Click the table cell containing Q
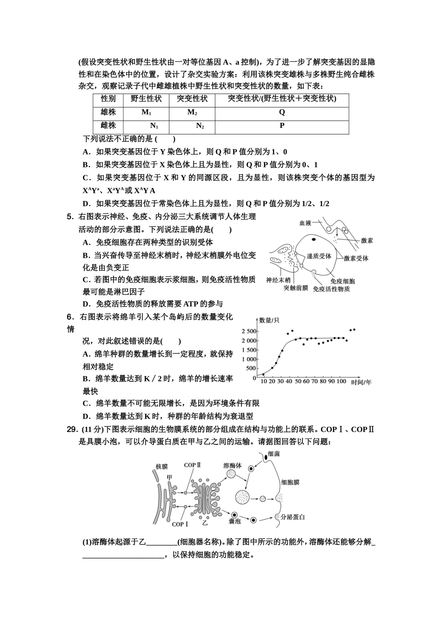point(282,113)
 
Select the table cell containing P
point(282,126)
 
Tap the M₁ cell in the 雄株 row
point(147,113)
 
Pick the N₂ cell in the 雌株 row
point(200,126)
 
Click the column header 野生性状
point(146,99)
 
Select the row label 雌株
point(108,126)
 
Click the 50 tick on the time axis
point(298,381)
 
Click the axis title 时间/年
point(362,382)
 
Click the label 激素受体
point(356,258)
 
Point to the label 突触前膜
point(295,288)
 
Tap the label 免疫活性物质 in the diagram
point(331,289)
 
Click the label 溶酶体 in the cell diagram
point(232,465)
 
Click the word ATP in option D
point(191,304)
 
